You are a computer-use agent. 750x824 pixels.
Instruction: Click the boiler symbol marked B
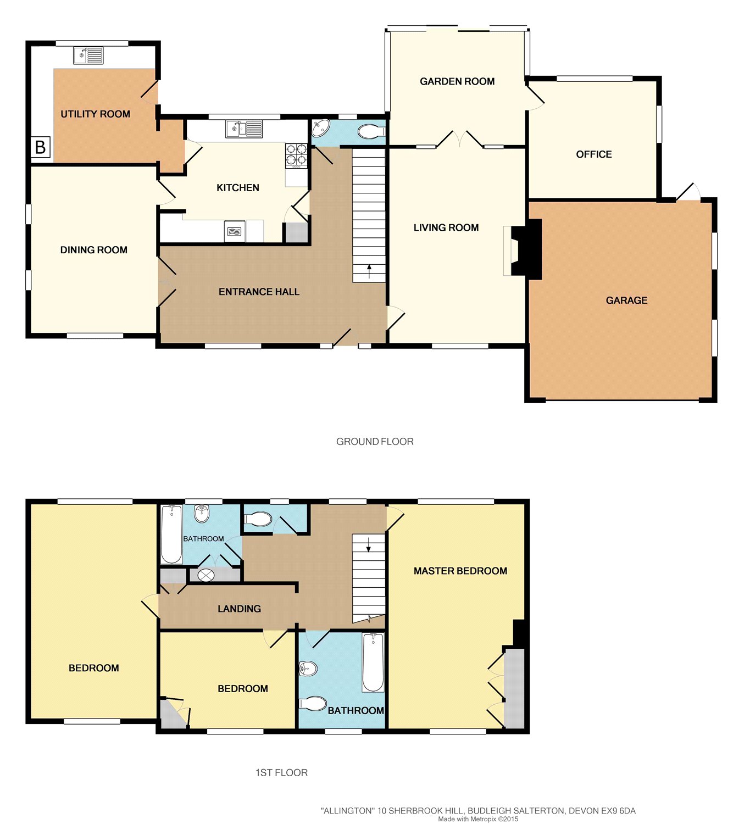tap(41, 147)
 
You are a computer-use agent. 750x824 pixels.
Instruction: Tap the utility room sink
tap(88, 55)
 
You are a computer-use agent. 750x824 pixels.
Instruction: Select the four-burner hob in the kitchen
tap(296, 155)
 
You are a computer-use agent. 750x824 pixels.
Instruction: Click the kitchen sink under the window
tap(244, 129)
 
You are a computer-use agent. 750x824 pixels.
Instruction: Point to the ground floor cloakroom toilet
tap(371, 131)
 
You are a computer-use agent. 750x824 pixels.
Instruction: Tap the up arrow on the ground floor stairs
tap(369, 271)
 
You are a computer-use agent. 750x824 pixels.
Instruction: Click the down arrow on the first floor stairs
tap(368, 544)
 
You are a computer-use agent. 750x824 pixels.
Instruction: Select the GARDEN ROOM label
tap(457, 81)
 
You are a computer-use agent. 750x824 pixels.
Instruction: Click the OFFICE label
tap(593, 154)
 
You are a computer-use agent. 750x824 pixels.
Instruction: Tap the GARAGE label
tap(626, 300)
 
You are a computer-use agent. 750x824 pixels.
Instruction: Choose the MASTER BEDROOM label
tap(460, 571)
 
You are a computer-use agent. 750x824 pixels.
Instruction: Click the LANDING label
tap(239, 608)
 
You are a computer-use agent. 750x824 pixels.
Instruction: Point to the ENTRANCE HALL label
tap(259, 292)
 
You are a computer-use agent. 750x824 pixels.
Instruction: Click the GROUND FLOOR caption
tap(375, 442)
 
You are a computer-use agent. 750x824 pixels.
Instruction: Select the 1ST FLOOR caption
tap(281, 773)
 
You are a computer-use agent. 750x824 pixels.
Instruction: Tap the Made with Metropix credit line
tap(478, 819)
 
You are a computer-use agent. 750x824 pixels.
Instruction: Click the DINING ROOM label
tap(94, 250)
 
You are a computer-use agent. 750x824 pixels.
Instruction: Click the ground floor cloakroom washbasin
tap(320, 127)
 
